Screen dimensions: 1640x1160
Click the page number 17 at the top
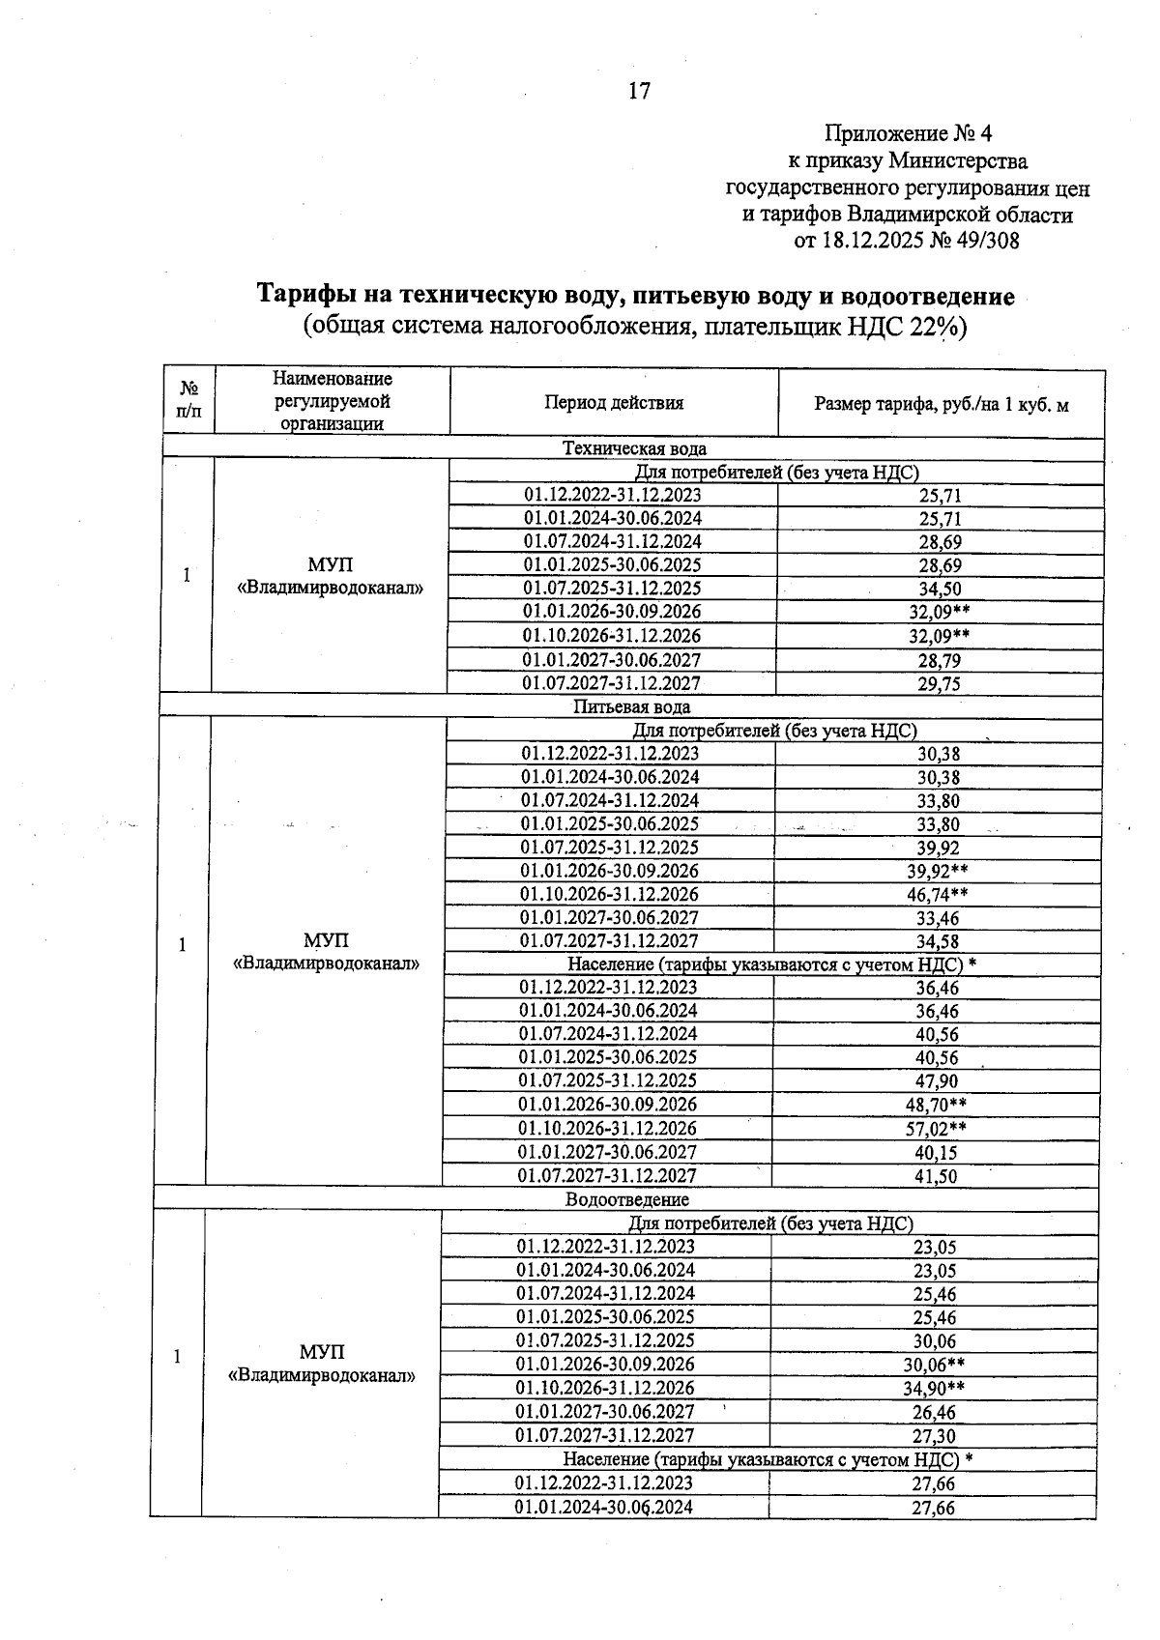click(x=639, y=92)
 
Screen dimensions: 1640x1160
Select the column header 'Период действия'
click(x=614, y=403)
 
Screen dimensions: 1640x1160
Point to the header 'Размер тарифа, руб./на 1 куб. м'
click(x=942, y=405)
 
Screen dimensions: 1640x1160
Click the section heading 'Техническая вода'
click(x=634, y=448)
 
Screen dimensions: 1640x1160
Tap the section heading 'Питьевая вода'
click(x=631, y=707)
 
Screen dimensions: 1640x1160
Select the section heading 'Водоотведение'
click(x=627, y=1199)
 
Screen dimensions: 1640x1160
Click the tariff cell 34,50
click(x=940, y=589)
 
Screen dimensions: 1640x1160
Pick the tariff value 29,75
click(x=940, y=683)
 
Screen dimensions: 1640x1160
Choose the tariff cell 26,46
click(x=933, y=1412)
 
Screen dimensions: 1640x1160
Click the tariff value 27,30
click(x=933, y=1436)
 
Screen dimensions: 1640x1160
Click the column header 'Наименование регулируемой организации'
click(x=333, y=401)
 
